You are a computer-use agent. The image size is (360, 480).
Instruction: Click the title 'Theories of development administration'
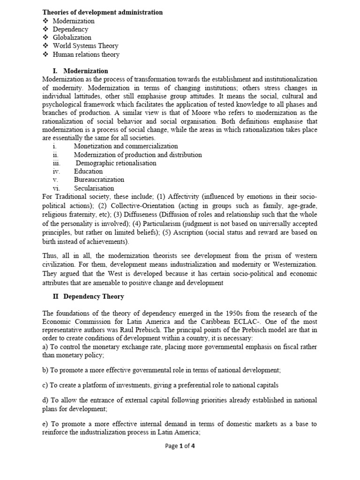[x=103, y=13]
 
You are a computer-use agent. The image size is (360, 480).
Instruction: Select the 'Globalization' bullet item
[x=72, y=37]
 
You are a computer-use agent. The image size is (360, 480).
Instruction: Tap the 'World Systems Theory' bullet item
[x=85, y=46]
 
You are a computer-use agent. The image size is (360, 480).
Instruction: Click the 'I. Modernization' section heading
[x=80, y=71]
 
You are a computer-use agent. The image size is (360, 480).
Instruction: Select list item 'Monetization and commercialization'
[x=126, y=147]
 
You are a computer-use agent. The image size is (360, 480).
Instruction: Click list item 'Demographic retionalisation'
[x=116, y=163]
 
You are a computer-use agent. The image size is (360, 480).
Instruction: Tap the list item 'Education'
[x=88, y=172]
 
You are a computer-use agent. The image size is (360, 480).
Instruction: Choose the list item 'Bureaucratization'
[x=99, y=180]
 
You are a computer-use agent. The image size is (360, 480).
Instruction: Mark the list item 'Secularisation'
[x=93, y=188]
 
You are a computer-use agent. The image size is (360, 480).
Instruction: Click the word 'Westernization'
[x=293, y=265]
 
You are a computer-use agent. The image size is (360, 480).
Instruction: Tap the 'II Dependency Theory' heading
[x=88, y=296]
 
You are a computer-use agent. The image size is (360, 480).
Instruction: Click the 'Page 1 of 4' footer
[x=180, y=446]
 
